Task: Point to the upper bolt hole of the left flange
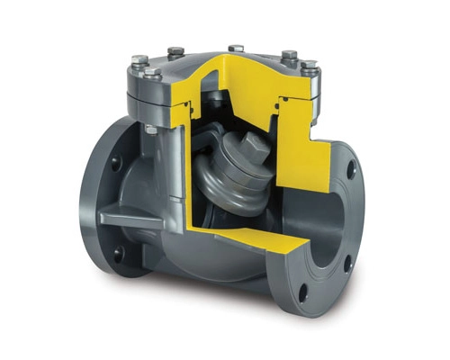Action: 114,164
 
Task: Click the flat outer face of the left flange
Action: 103,211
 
